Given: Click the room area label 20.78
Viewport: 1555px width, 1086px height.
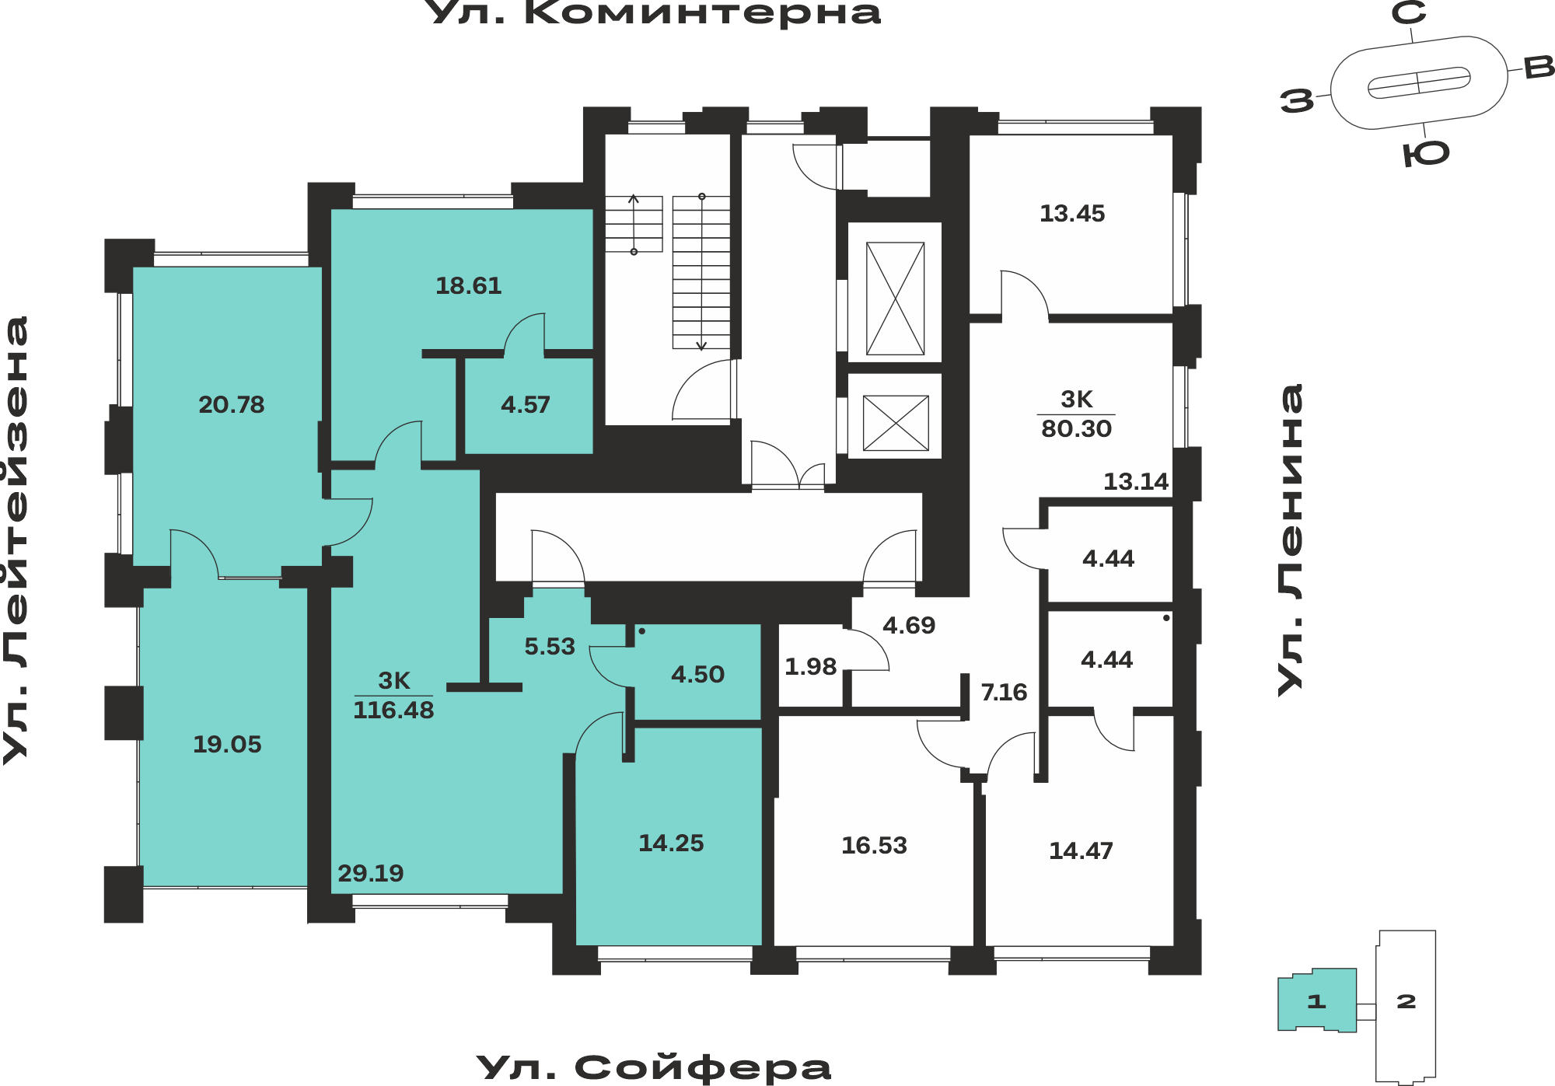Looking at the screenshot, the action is coord(232,405).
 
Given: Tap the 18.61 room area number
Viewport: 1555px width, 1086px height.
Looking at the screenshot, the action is coord(469,286).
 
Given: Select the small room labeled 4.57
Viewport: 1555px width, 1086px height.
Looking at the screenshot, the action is coord(526,405).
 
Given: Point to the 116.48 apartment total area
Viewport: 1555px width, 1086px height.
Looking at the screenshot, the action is coord(393,710).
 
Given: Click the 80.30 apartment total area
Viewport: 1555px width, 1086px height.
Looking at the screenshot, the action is coord(1077,428).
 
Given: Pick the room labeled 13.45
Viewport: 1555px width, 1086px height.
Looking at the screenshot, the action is coord(1072,214).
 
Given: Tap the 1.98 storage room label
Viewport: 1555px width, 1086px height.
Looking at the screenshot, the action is coord(810,667).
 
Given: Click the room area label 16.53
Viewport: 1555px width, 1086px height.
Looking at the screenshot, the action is coord(874,846).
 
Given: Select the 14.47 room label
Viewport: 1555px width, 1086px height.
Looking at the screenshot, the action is coord(1081,851).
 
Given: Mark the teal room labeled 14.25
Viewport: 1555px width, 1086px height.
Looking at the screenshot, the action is coord(671,843).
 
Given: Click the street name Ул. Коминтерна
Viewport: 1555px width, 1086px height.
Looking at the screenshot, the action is coord(655,12).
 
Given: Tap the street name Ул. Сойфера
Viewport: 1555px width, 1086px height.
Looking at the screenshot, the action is coord(653,1067).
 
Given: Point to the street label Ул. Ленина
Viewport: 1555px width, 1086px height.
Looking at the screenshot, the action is coord(1291,540).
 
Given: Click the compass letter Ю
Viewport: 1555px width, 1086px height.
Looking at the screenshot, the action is coord(1427,154).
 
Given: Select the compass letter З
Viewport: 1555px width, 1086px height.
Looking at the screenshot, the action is coord(1297,101).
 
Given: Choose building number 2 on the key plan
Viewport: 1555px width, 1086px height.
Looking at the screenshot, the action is coord(1406,1002).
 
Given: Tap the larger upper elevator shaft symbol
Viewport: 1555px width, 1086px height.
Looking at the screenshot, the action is coord(895,299).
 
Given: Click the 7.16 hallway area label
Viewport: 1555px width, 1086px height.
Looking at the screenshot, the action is coord(1004,693).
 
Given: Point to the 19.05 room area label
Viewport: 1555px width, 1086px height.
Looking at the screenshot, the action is coord(227,745).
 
